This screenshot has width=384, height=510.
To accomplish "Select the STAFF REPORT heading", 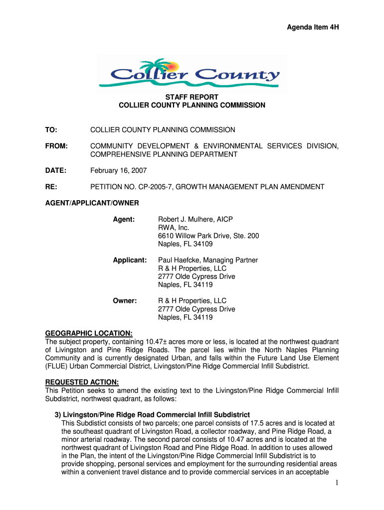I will (192, 97).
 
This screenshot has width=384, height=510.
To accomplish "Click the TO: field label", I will (51, 130).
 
